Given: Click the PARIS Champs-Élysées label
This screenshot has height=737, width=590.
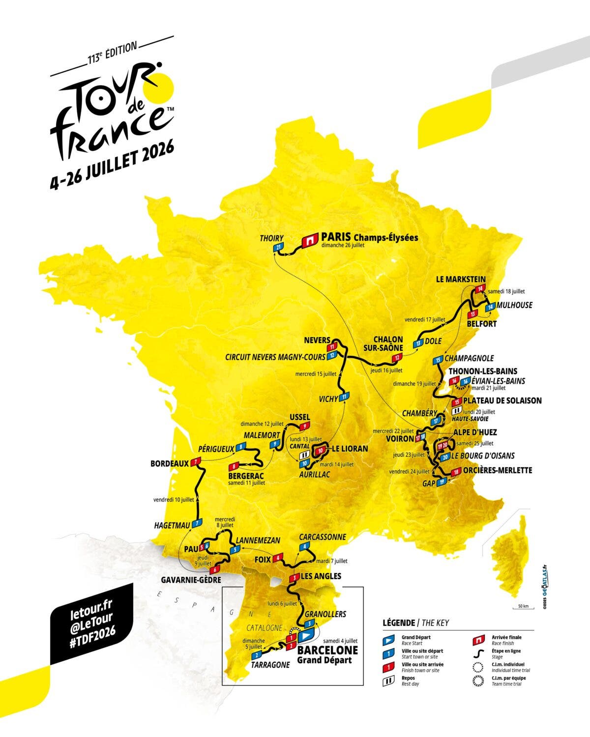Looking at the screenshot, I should pyautogui.click(x=369, y=238).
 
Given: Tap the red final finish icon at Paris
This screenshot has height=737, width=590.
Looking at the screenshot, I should pyautogui.click(x=310, y=240).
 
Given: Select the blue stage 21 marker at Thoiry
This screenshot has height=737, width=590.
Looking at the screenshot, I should pyautogui.click(x=279, y=248).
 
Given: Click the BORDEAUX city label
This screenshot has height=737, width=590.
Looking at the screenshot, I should pyautogui.click(x=170, y=463).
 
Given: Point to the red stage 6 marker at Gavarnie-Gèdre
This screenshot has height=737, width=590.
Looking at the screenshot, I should pyautogui.click(x=214, y=570).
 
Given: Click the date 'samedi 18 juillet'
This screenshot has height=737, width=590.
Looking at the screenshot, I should pyautogui.click(x=506, y=291).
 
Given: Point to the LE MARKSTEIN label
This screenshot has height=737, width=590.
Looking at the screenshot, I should pyautogui.click(x=460, y=279).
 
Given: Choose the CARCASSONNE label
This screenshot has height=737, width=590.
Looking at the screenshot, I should pyautogui.click(x=323, y=537).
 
